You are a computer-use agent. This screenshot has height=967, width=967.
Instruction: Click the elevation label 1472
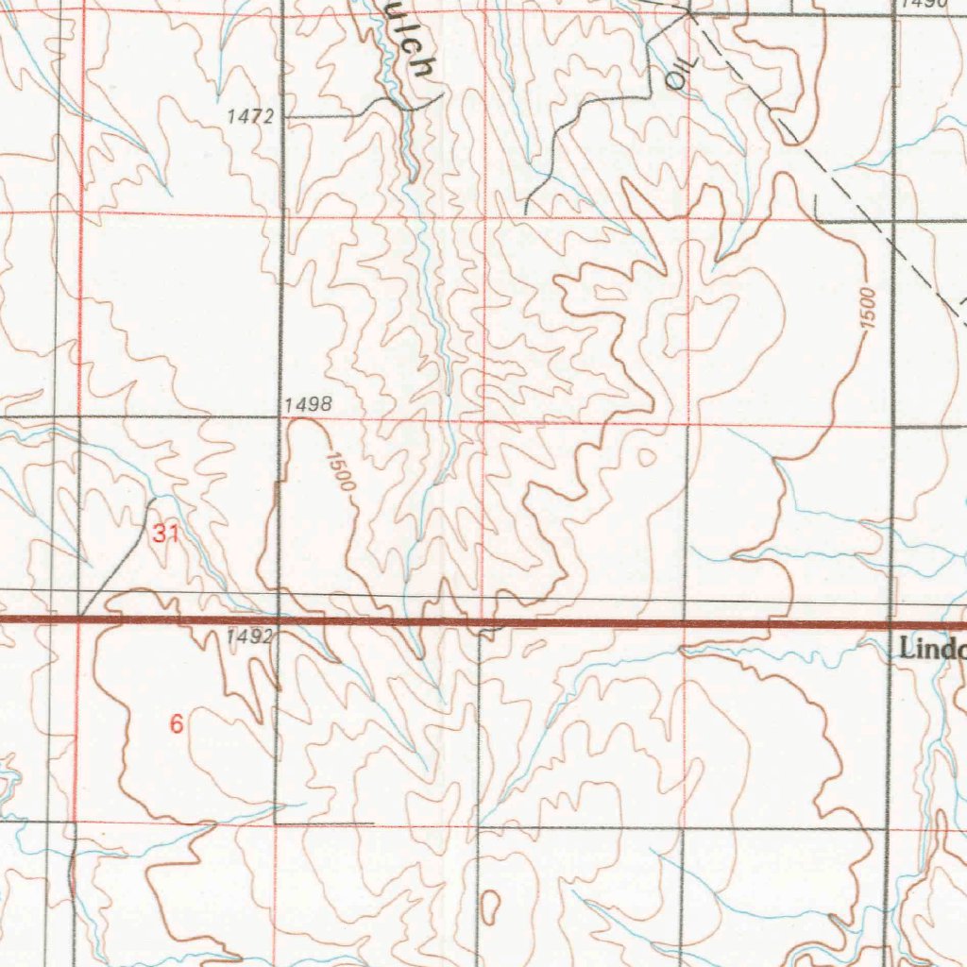tap(250, 117)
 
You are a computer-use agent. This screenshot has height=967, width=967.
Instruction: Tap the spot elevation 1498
tap(308, 405)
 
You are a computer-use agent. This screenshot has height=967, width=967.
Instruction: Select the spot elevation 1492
tap(249, 637)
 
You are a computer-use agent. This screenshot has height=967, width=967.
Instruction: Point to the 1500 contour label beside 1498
tap(340, 472)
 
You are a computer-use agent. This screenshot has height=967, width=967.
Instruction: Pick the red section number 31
tap(166, 534)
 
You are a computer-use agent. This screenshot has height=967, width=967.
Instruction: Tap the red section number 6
tap(176, 724)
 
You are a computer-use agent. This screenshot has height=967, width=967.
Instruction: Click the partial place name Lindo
tap(933, 650)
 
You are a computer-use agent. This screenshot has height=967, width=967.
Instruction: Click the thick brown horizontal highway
tap(567, 623)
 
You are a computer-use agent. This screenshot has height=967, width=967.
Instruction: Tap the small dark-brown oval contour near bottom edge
tap(489, 906)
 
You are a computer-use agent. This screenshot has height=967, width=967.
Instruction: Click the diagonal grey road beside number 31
tap(118, 557)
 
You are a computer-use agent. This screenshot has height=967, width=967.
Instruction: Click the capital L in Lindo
tap(908, 650)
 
